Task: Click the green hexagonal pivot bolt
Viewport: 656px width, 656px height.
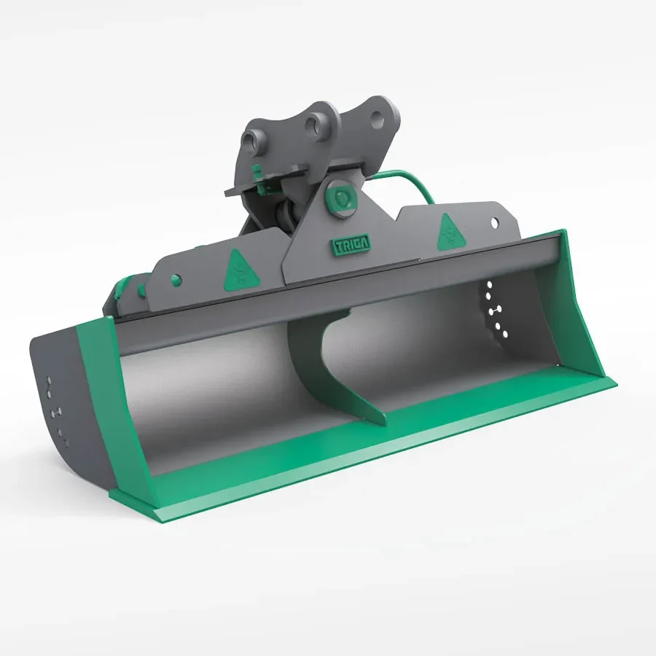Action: pos(340,197)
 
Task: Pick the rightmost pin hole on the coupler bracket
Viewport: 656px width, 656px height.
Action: pos(377,115)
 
